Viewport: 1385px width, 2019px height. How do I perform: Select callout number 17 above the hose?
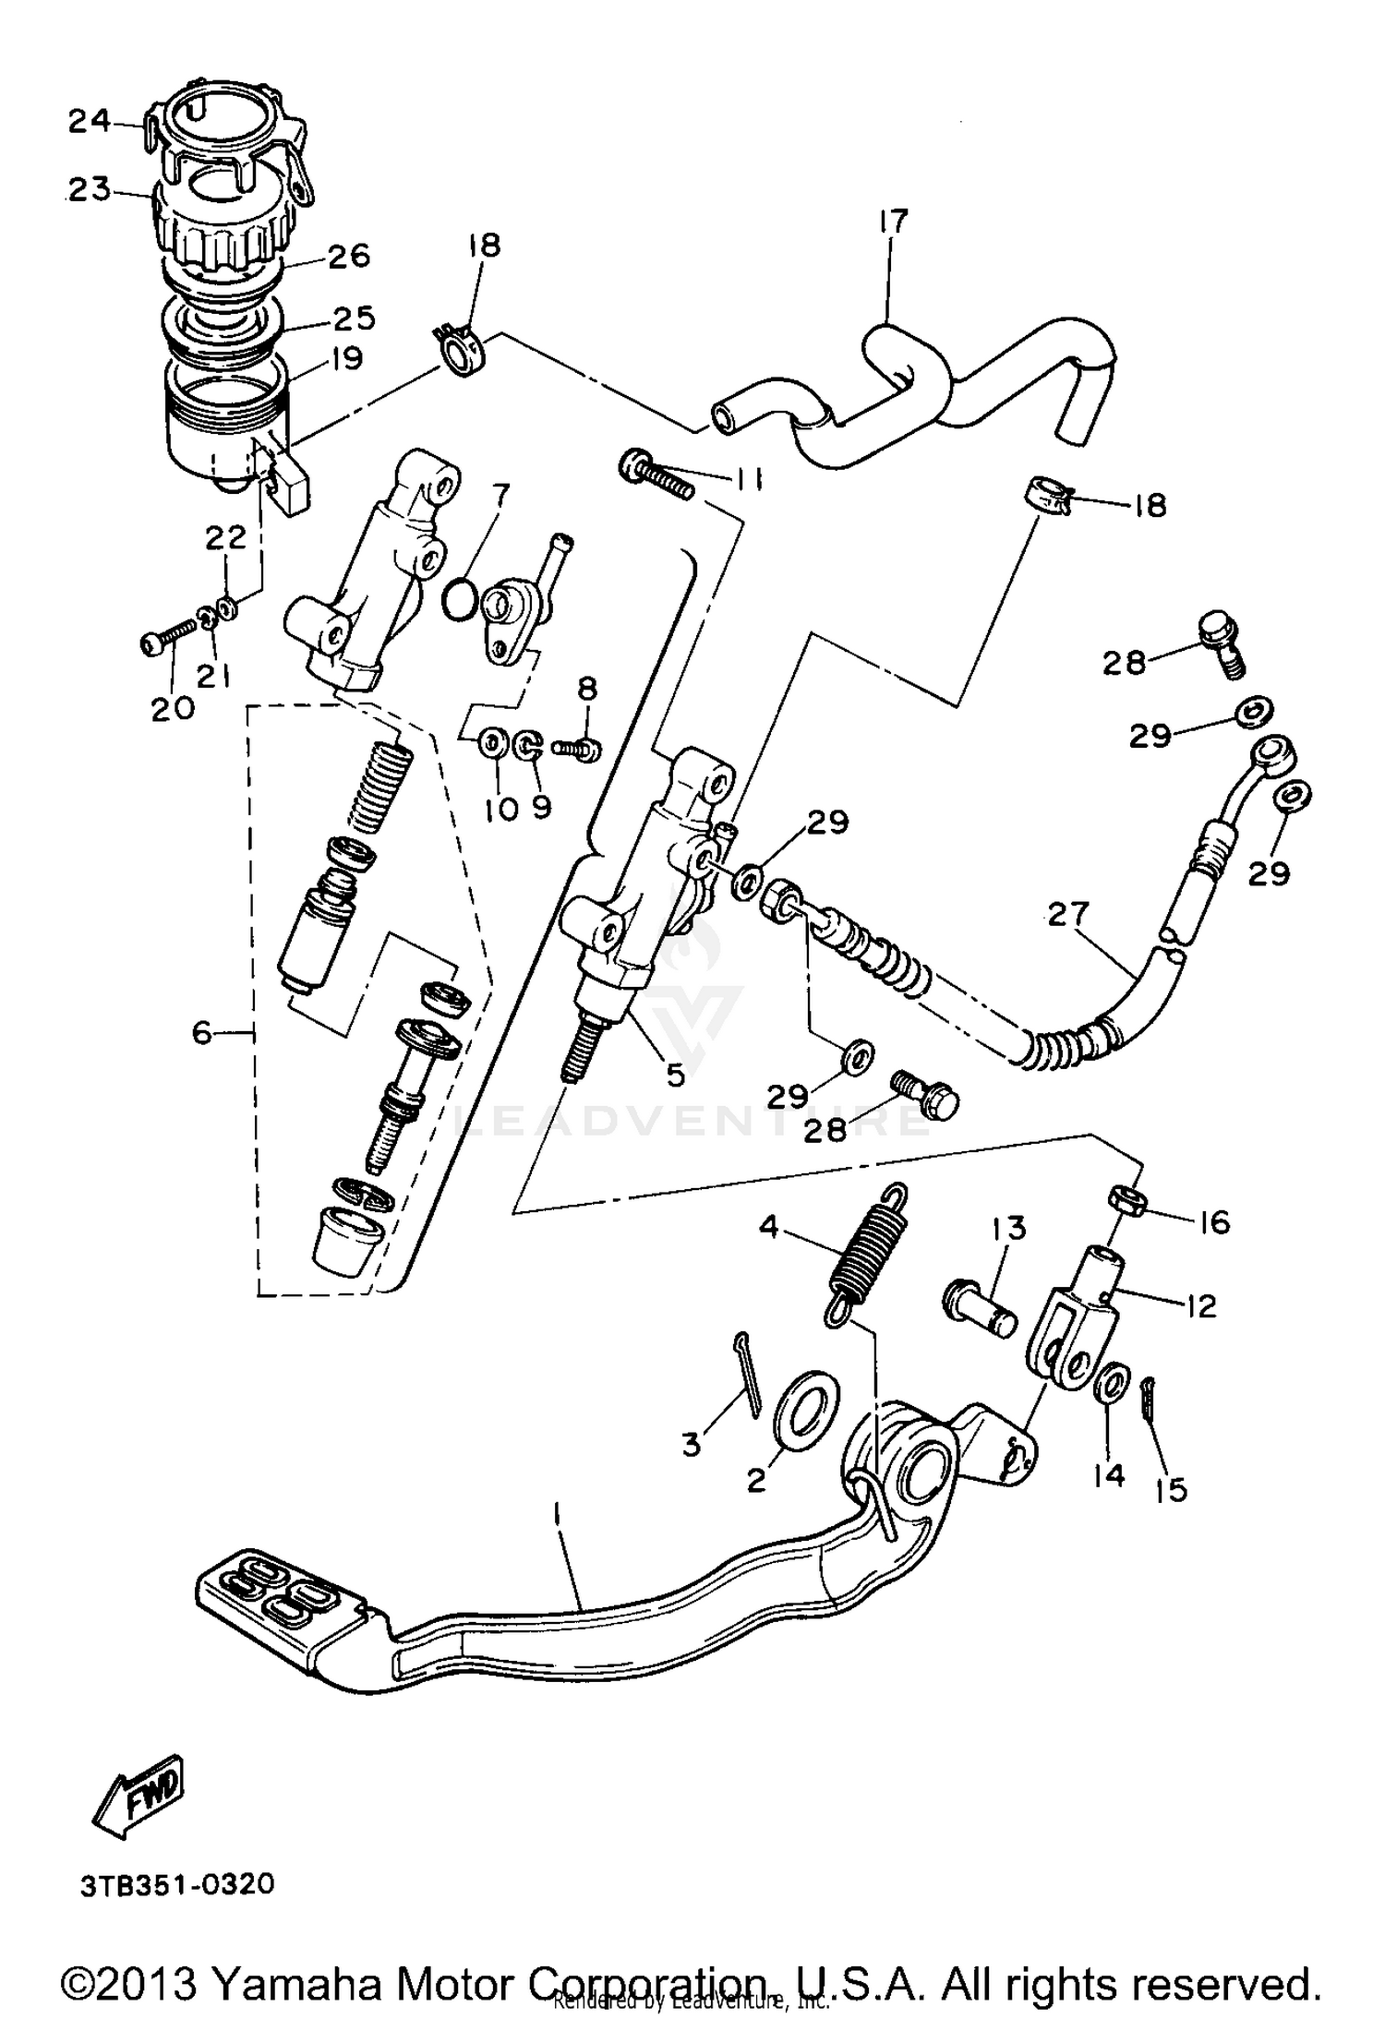click(x=893, y=222)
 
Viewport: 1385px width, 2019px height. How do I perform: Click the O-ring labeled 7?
click(x=458, y=600)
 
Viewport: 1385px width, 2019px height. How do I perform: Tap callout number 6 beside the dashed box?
click(x=202, y=1032)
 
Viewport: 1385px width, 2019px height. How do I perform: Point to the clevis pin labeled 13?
click(x=979, y=1307)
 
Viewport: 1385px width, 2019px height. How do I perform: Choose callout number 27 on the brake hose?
click(x=1068, y=914)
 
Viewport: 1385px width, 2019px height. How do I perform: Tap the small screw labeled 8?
click(x=578, y=748)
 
